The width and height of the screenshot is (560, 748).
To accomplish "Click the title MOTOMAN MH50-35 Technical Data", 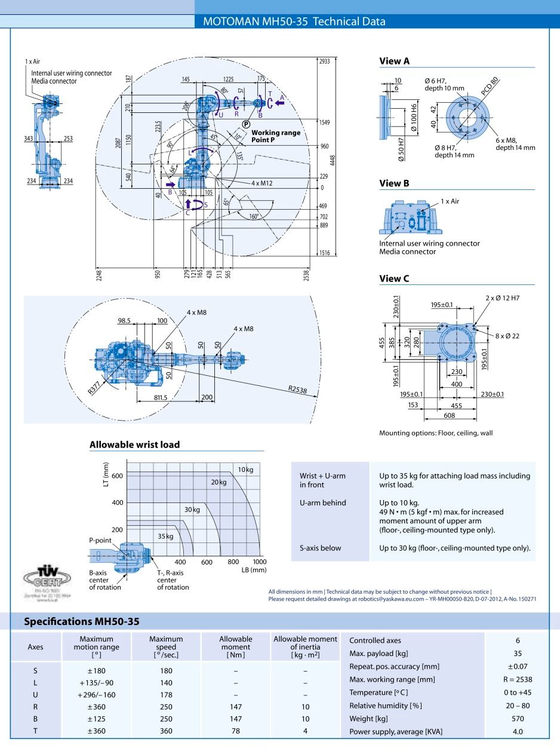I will point(294,22).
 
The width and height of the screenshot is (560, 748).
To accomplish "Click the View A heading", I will point(395,61).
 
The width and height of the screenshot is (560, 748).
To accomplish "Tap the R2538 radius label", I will point(298,389).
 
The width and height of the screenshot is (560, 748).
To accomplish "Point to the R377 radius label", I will point(95,388).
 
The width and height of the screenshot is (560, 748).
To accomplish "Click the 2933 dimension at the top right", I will point(325,62).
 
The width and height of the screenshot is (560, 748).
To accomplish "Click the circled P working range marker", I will point(246,124).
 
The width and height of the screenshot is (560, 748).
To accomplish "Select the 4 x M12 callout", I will point(261,183).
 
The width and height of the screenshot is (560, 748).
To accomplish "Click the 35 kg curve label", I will point(165,537).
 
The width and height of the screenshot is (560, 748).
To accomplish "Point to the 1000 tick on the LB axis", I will point(259,562).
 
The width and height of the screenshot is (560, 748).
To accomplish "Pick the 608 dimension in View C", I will point(449,415).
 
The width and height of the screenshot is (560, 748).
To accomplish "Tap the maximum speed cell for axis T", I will point(166,731).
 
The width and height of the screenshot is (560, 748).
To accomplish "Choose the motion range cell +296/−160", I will point(96,695).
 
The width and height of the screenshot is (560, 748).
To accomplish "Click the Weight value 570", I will point(518,718).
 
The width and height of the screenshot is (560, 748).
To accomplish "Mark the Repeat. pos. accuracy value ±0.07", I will point(518,666).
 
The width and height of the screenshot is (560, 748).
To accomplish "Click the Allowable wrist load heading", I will point(134,444).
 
